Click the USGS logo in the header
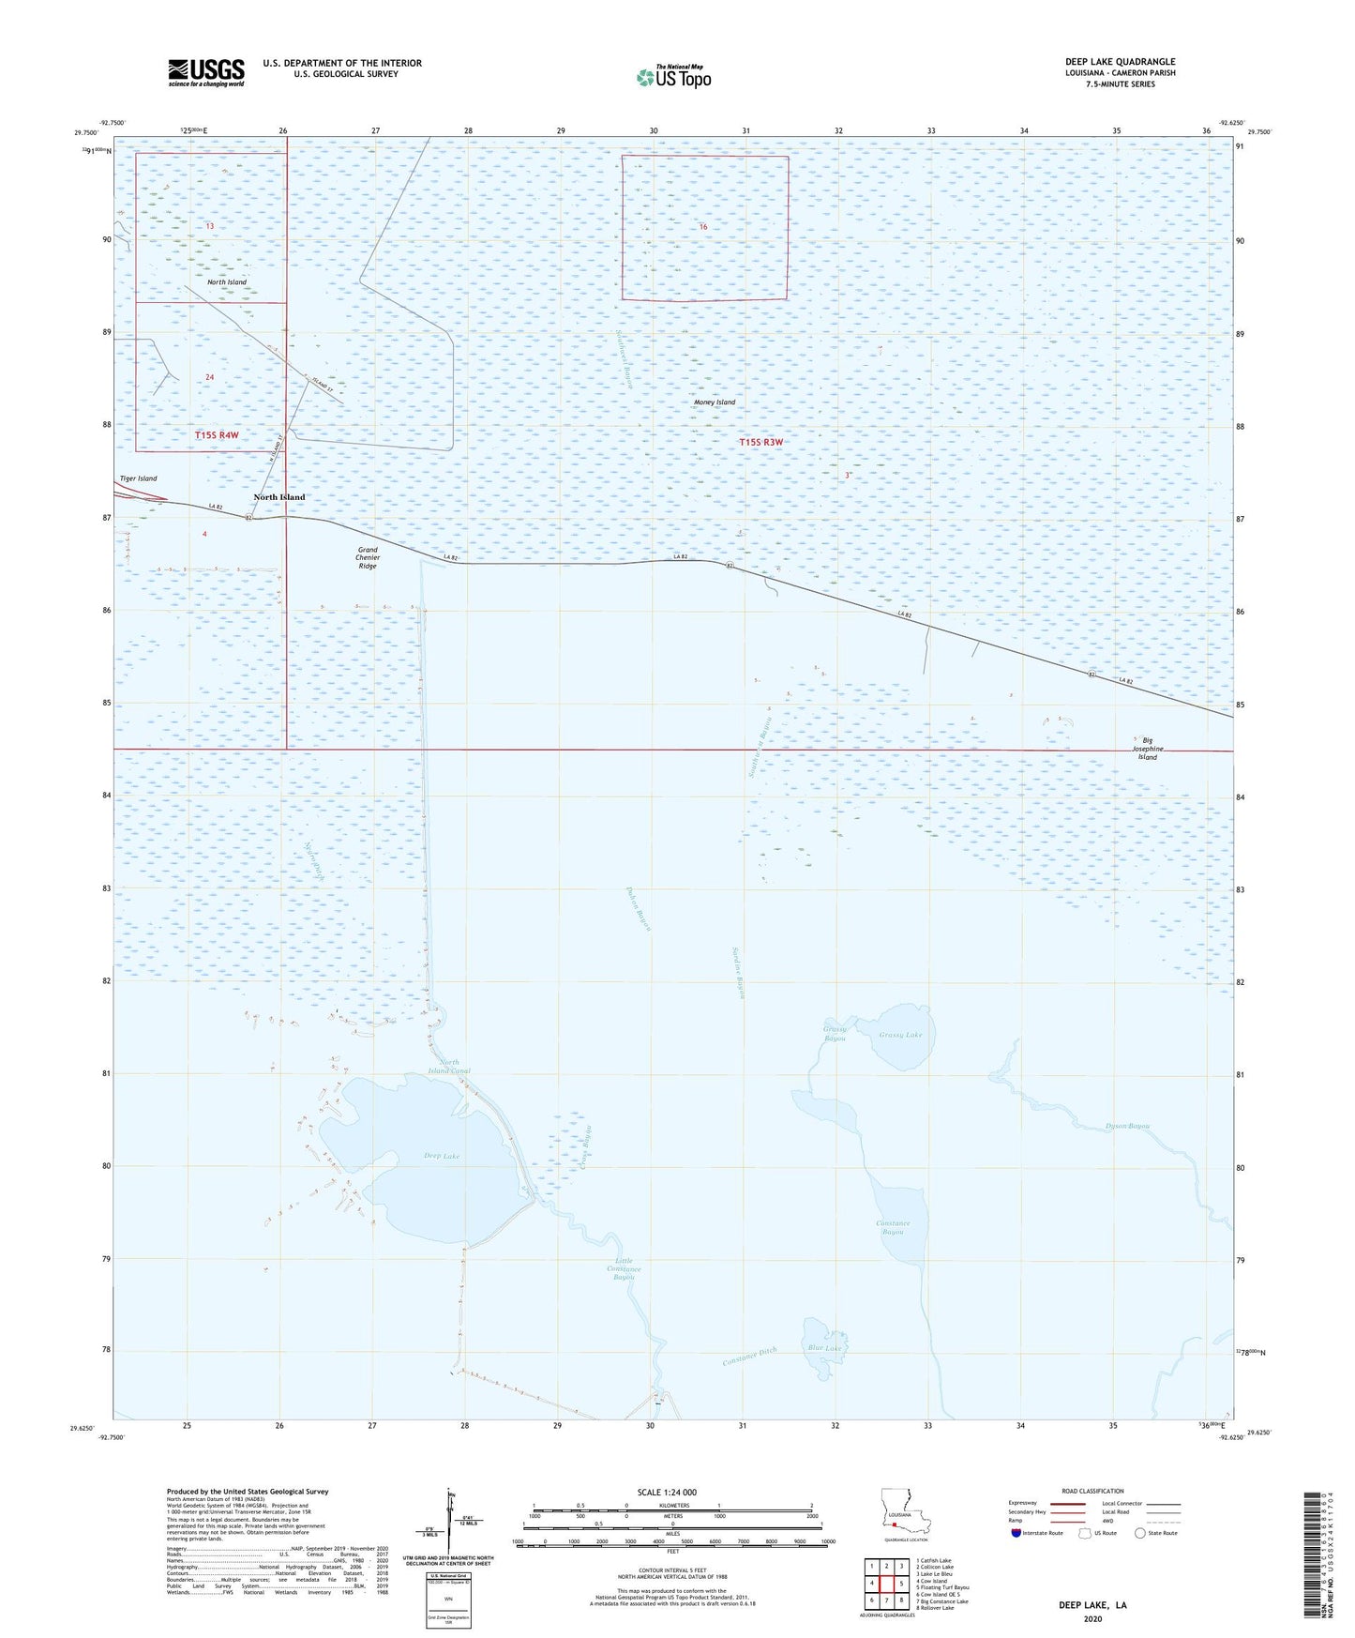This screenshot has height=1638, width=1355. (206, 72)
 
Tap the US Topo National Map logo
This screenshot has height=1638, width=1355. (673, 77)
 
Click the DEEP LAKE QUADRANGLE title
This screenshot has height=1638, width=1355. (1120, 62)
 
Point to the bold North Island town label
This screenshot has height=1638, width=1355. (279, 497)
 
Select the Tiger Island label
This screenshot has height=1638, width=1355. (139, 478)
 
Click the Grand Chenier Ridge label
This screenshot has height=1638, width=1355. (368, 558)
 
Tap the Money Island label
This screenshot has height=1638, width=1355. (715, 402)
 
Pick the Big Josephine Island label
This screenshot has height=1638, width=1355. (1147, 749)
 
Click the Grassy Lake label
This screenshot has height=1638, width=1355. (900, 1036)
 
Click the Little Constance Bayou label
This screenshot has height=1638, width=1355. (625, 1268)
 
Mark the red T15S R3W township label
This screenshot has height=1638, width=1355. (760, 442)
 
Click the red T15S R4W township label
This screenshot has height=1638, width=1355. (217, 435)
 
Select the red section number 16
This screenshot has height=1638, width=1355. (702, 227)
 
